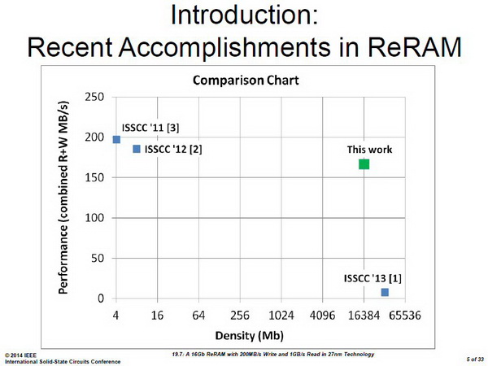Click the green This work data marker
364,164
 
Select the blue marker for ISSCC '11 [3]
116,139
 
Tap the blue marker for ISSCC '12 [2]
137,149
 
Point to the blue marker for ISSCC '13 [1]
385,292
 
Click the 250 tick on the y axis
94,97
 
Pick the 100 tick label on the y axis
94,217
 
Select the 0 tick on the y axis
101,298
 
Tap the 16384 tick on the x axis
364,316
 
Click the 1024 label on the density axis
281,316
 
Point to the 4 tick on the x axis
115,316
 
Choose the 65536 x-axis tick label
405,316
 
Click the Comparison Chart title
246,81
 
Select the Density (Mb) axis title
250,335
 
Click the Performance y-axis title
63,198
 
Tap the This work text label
370,150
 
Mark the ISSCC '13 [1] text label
373,278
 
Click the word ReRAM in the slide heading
414,47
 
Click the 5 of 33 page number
475,359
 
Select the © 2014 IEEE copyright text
20,355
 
